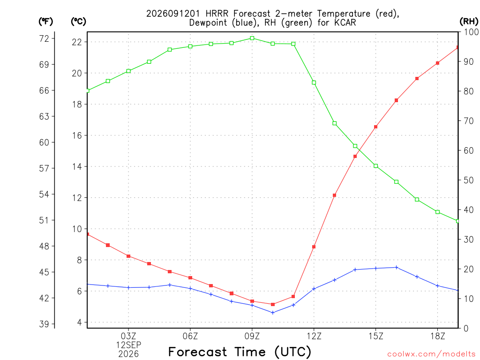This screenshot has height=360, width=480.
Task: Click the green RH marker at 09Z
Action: click(x=252, y=38)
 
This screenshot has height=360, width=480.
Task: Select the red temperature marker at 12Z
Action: click(x=314, y=247)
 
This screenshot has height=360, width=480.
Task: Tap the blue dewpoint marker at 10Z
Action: click(x=273, y=313)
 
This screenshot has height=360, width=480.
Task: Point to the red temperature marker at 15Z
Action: click(x=375, y=127)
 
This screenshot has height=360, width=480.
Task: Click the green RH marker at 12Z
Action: click(x=314, y=82)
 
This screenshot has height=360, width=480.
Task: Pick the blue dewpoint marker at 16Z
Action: click(x=397, y=267)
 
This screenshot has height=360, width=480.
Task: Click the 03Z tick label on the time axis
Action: click(x=128, y=336)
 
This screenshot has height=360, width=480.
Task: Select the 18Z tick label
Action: click(x=437, y=336)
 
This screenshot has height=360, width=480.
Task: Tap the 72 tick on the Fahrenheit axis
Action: click(x=44, y=38)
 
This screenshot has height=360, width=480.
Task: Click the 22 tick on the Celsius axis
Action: click(x=77, y=42)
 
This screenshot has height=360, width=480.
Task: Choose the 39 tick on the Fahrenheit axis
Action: click(x=44, y=324)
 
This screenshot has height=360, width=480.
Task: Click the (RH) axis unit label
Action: click(x=469, y=22)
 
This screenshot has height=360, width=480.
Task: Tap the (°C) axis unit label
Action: click(x=78, y=22)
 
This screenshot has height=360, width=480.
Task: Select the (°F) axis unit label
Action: click(x=46, y=22)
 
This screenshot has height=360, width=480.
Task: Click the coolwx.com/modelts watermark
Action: click(x=431, y=354)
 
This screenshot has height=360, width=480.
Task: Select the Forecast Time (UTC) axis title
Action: click(x=240, y=352)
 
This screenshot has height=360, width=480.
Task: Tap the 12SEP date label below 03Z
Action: click(x=128, y=345)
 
